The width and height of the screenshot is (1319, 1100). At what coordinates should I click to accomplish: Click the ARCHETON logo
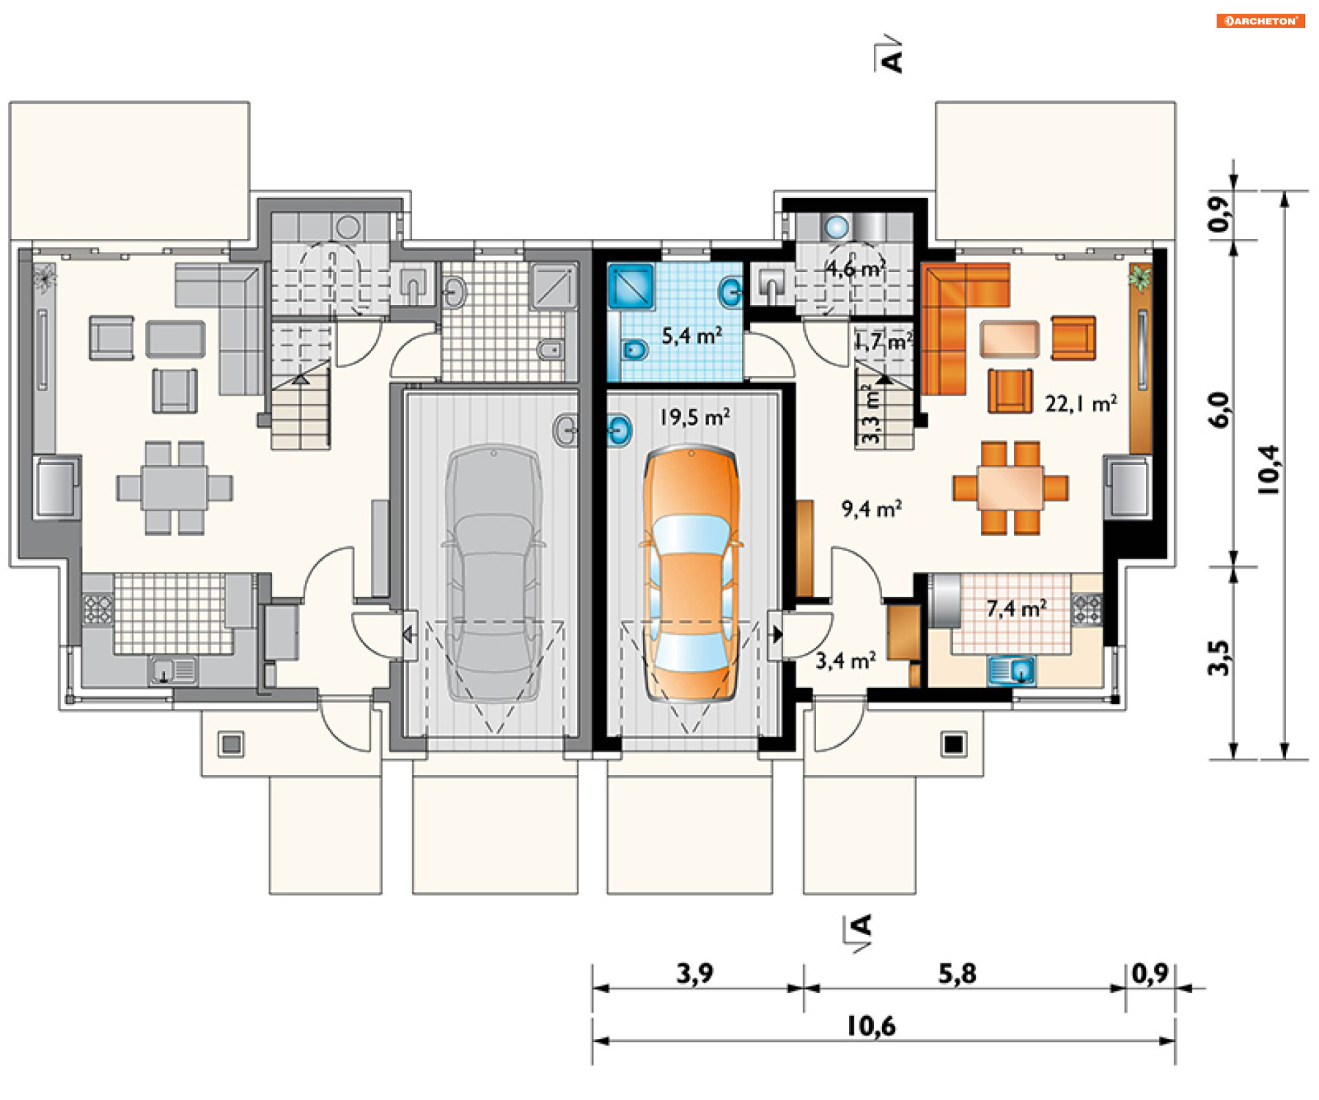(1261, 21)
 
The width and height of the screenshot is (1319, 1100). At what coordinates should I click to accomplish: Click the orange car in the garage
(691, 574)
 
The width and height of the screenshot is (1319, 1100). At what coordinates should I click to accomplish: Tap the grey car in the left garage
(494, 574)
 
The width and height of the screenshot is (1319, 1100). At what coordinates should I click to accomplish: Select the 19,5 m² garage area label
(695, 417)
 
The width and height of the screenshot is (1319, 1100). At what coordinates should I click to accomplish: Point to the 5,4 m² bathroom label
(692, 335)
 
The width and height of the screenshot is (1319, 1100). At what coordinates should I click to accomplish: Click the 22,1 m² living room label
(1081, 403)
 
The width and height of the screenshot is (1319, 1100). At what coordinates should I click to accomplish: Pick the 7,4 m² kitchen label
(1017, 608)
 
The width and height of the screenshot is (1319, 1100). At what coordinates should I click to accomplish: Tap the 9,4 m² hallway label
(872, 508)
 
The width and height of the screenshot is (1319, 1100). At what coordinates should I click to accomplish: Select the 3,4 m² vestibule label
(846, 660)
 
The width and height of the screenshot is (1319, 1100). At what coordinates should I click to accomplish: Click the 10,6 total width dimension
(871, 1026)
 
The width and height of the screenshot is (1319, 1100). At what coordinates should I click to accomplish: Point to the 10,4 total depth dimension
(1268, 470)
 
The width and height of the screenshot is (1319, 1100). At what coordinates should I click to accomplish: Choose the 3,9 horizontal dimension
(695, 974)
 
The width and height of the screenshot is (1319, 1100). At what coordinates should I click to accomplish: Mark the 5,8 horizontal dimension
(958, 974)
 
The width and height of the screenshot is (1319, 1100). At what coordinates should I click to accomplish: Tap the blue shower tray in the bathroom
(630, 286)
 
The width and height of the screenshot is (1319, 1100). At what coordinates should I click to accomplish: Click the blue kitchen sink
(1012, 671)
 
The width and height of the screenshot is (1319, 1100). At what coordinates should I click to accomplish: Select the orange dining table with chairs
(1011, 488)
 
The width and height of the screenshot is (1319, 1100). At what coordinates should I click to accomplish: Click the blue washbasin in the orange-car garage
(619, 430)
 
